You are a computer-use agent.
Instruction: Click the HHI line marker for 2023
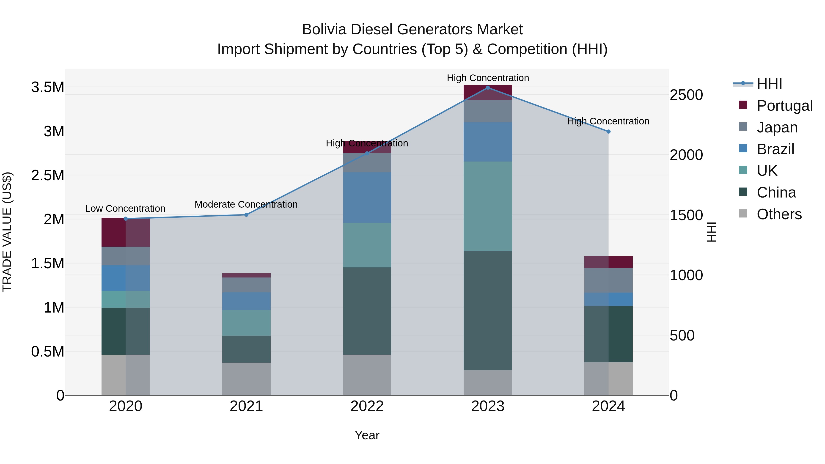[x=488, y=88]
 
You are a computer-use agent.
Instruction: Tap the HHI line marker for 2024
[x=608, y=132]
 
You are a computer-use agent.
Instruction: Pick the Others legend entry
[x=779, y=214]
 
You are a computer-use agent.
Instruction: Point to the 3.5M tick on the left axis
[x=47, y=87]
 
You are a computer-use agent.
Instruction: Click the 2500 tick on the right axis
[x=686, y=95]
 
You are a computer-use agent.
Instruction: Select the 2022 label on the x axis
[x=367, y=406]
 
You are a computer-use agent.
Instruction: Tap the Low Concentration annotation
[x=125, y=209]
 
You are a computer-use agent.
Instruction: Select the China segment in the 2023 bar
[x=488, y=311]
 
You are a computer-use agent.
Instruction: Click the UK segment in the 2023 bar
[x=488, y=206]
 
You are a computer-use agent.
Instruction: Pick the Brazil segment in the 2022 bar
[x=367, y=198]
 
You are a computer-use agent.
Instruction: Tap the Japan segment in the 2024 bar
[x=608, y=280]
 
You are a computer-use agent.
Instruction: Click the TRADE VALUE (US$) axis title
[x=7, y=232]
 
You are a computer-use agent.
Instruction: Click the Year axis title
[x=367, y=435]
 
